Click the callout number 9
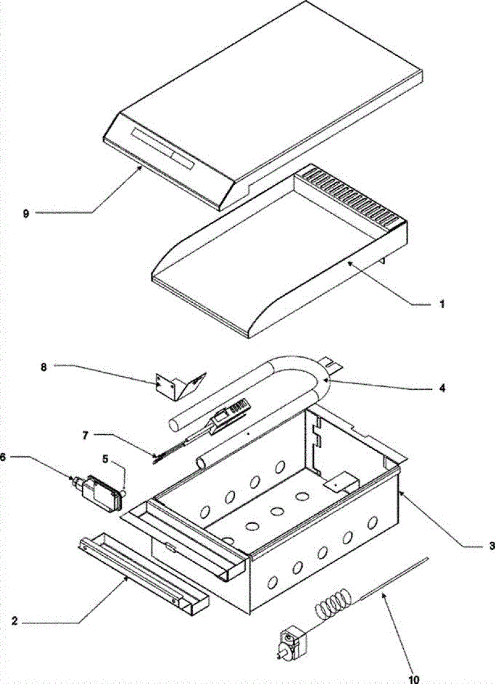point(25,213)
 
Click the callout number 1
point(441,305)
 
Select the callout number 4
point(442,389)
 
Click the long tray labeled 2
point(143,573)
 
